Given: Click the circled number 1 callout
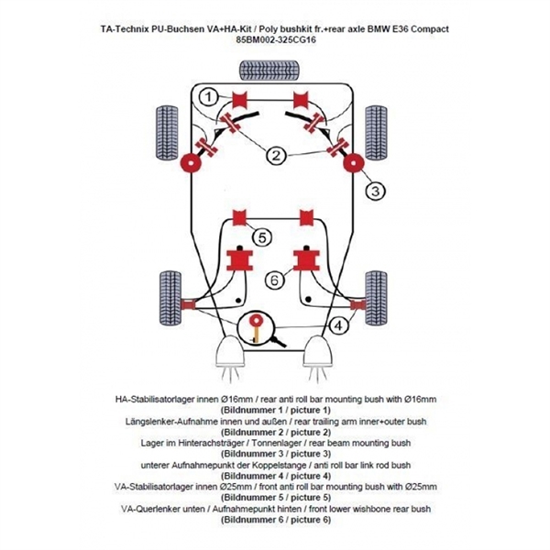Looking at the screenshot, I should pos(209,96).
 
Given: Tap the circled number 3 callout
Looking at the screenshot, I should pos(375,191).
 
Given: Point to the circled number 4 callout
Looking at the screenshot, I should pos(338,324).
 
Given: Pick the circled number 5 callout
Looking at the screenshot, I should pos(262,238).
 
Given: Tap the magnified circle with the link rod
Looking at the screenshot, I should pos(258,331).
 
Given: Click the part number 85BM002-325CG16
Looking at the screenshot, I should pos(275,42).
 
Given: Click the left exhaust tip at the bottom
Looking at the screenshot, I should pos(230,354).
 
